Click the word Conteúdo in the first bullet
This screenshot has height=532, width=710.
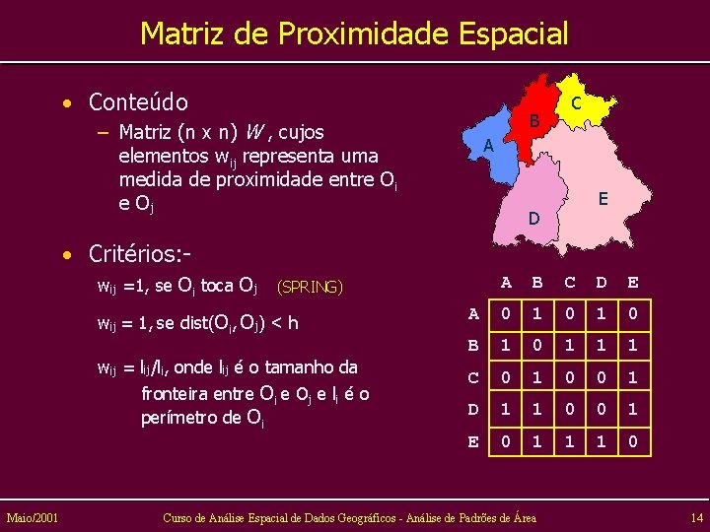click(x=138, y=101)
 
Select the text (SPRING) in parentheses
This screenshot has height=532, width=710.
click(x=311, y=288)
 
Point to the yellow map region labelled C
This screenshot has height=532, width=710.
click(x=582, y=106)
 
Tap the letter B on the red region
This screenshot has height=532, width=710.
click(x=532, y=121)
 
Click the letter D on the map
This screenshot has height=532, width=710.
click(x=533, y=217)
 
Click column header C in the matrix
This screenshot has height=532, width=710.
click(x=570, y=283)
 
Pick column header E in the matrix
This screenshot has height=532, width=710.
click(x=633, y=283)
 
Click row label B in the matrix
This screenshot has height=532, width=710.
click(x=474, y=347)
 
